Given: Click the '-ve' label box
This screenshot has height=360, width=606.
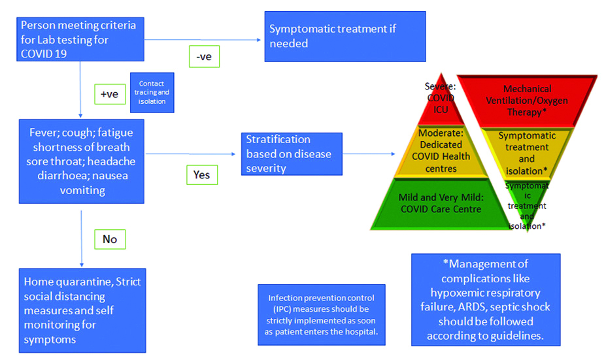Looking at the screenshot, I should point(204,56).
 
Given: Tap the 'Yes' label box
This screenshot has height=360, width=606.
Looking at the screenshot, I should point(201,174).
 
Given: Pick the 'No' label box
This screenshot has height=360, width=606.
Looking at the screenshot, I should point(109,239).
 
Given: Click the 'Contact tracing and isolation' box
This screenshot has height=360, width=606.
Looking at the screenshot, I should point(152,92).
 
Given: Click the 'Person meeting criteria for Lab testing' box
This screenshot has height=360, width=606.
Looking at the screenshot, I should point(80,39).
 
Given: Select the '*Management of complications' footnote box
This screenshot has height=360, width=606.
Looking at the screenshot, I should point(486,299).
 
